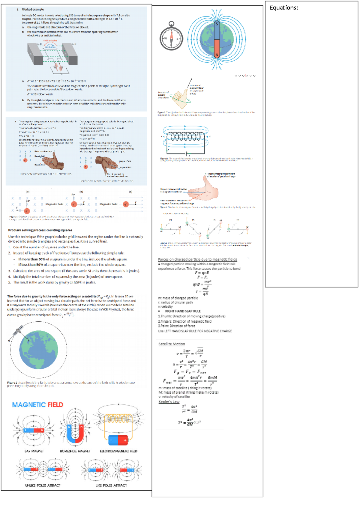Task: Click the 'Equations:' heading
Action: (x=283, y=8)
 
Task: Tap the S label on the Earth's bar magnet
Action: (x=217, y=24)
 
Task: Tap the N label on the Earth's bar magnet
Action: (x=217, y=55)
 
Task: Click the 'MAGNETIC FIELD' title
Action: (x=37, y=405)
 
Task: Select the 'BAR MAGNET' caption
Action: (x=34, y=451)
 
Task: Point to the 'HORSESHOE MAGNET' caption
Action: (x=75, y=451)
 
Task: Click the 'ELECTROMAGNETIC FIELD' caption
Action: (x=118, y=451)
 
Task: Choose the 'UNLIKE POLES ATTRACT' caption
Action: (x=43, y=485)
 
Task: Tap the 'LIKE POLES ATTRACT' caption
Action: (x=111, y=485)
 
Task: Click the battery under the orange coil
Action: (x=118, y=440)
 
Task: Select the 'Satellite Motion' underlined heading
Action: (x=172, y=344)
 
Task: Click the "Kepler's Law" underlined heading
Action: (x=169, y=402)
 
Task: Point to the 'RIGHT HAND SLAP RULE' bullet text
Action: (x=183, y=311)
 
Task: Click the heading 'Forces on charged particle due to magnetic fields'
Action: (x=197, y=260)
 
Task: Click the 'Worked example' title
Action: (x=33, y=10)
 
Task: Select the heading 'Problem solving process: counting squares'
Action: (x=40, y=230)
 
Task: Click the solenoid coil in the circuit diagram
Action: (x=185, y=136)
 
